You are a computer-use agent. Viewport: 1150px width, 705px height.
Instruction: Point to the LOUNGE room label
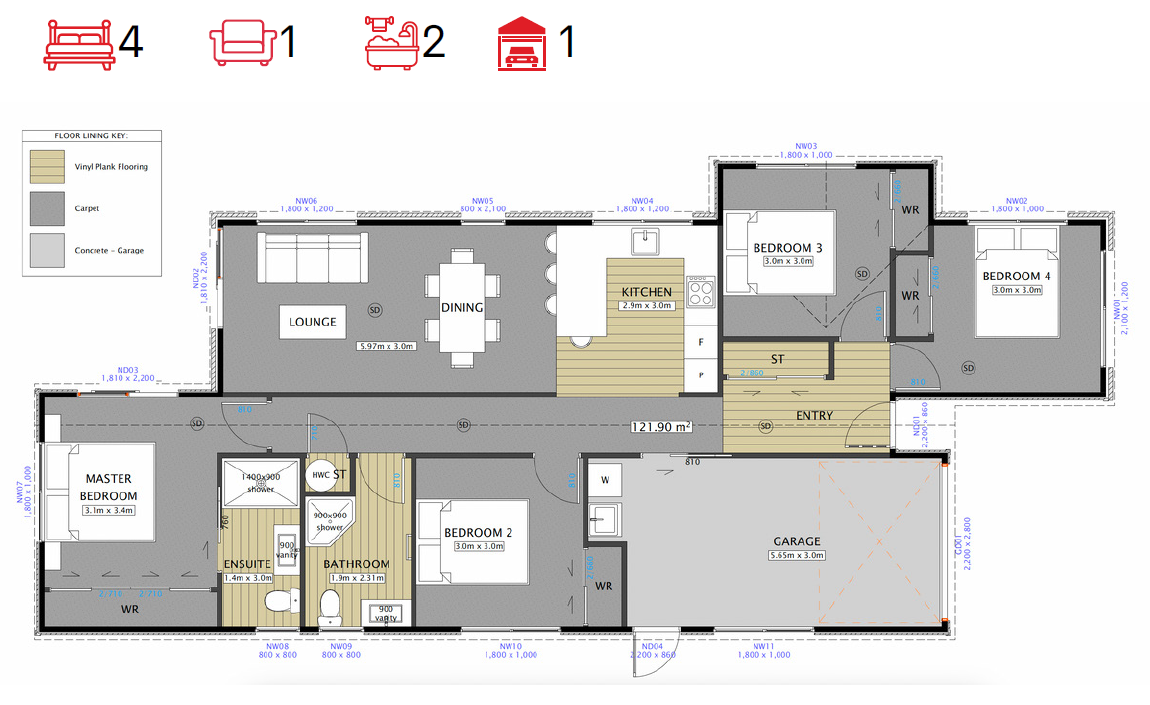click(312, 322)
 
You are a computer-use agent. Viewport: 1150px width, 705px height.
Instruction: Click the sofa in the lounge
click(312, 257)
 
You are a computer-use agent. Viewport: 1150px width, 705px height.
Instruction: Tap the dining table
click(462, 307)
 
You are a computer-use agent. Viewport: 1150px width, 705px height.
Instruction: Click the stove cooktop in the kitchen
click(700, 293)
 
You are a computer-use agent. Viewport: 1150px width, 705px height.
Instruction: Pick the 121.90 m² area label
click(660, 427)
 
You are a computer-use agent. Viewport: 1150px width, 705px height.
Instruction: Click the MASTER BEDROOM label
click(109, 487)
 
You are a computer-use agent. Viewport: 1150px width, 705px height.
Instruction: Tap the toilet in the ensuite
click(277, 601)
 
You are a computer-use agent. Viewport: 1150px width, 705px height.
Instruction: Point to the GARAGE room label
click(797, 542)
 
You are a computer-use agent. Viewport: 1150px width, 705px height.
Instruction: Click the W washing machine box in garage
click(604, 480)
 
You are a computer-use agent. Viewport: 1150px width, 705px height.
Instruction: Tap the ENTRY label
click(814, 415)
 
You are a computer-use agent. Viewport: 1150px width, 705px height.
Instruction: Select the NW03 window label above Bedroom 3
click(806, 146)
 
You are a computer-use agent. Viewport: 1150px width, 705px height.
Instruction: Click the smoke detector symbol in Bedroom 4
click(968, 368)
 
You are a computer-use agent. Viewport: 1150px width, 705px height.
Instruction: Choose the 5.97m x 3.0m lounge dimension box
click(388, 347)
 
